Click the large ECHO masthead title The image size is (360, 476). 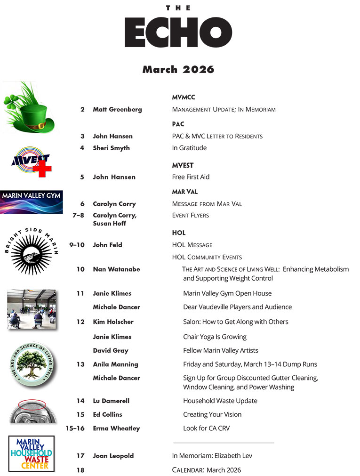(178, 32)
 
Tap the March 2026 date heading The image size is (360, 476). (178, 70)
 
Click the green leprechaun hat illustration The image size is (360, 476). (30, 108)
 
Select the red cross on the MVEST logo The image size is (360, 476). (45, 169)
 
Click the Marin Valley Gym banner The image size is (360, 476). (31, 202)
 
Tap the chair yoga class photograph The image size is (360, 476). (32, 309)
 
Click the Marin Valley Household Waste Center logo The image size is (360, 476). (32, 453)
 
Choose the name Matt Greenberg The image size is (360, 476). (117, 109)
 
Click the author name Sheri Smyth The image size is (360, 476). (111, 148)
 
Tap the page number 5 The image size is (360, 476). (82, 177)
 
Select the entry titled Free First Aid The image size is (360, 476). (191, 177)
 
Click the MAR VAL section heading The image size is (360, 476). (185, 192)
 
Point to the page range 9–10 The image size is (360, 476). (77, 245)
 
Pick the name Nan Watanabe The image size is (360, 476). (116, 269)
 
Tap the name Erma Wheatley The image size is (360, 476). (116, 428)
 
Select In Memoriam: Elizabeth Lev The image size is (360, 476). (209, 456)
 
